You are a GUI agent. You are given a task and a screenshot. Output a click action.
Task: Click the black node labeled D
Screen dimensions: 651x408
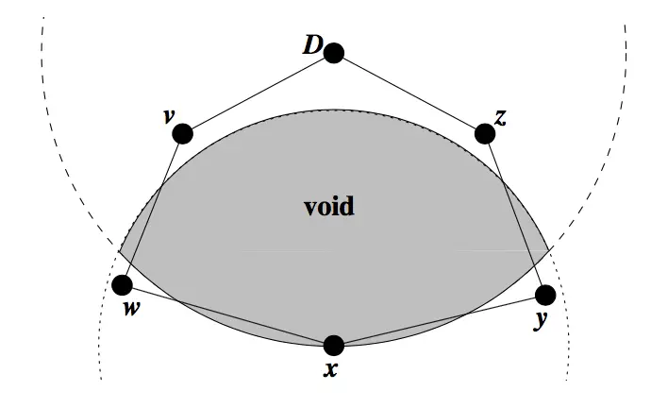[x=333, y=53]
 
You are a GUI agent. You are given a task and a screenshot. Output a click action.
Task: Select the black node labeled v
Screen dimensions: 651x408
[x=182, y=133]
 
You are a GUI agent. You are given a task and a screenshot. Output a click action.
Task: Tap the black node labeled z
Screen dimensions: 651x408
[x=485, y=133]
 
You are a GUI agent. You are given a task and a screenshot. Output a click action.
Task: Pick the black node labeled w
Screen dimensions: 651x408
[x=122, y=284]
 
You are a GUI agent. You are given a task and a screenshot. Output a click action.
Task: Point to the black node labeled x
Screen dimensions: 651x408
[x=333, y=346]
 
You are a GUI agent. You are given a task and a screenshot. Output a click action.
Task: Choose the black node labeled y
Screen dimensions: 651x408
[x=545, y=295]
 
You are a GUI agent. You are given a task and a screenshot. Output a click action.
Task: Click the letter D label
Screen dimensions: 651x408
[x=312, y=45]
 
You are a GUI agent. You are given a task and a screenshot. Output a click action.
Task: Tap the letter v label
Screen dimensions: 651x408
[x=169, y=117]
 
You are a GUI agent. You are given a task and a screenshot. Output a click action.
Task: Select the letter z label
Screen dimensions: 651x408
[x=501, y=118]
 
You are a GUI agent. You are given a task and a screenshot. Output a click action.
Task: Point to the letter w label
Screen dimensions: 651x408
[x=131, y=308]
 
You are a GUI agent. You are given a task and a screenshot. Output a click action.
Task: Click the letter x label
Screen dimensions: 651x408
[x=330, y=369]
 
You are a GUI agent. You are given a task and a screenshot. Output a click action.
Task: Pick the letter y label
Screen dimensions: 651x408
[x=541, y=320]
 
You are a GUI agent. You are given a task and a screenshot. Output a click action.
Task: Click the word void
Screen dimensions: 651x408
[x=329, y=207]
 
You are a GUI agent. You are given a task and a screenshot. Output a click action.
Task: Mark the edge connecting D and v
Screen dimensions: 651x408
[x=258, y=93]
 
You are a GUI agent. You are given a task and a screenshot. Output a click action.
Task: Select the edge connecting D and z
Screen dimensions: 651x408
[x=409, y=93]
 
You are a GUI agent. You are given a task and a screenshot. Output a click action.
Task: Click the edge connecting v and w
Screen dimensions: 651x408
[x=152, y=209]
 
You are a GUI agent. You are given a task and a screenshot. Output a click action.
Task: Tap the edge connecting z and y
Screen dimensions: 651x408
[x=515, y=214]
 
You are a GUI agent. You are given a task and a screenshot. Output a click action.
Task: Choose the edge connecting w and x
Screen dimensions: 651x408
[x=227, y=314]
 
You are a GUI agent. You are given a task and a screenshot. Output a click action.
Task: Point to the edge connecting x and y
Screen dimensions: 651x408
[x=440, y=320]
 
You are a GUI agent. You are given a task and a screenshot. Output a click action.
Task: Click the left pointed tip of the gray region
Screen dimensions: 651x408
[x=119, y=251]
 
